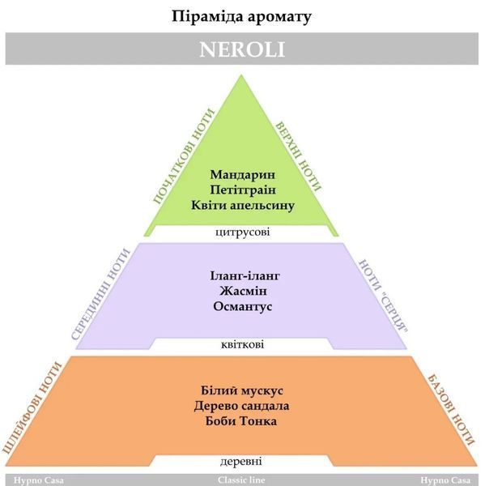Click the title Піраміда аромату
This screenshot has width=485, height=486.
point(241,17)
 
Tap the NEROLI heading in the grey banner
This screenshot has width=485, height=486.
point(242,49)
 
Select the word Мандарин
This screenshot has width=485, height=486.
point(243,174)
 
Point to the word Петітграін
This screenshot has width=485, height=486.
point(243,190)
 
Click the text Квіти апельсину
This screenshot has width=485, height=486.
point(243,205)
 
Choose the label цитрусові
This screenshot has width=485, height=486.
point(242,232)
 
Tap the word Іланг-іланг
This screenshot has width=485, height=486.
point(245,275)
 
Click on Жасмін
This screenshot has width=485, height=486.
point(243,291)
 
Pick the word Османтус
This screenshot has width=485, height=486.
point(243,306)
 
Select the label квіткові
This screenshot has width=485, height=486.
point(243,345)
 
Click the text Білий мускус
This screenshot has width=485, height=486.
point(242,390)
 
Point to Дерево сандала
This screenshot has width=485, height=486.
point(241,406)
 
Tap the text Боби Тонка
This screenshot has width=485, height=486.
point(241,421)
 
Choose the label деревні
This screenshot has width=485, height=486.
point(241,462)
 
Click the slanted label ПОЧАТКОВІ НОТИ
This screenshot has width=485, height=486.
point(184,156)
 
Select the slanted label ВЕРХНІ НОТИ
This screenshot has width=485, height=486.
point(299,156)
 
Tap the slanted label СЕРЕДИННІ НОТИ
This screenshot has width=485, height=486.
point(100,295)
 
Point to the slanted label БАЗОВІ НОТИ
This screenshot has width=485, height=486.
point(451,411)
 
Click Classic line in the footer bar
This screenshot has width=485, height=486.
point(241,480)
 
